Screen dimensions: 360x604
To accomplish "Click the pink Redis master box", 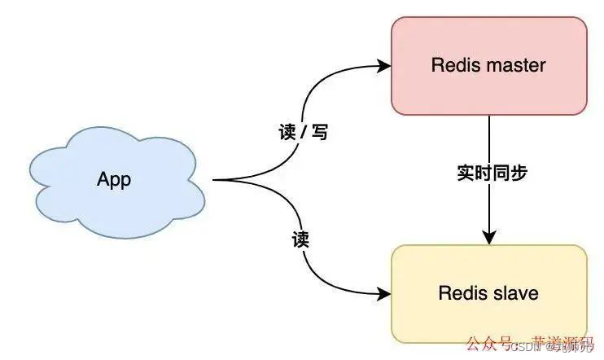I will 488,90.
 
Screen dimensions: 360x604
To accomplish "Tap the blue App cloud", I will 114,179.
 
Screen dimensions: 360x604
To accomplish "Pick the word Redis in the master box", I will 453,65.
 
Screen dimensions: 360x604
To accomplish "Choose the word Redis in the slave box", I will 461,293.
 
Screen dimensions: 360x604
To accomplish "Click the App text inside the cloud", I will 114,180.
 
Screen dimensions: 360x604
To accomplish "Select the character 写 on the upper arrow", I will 320,132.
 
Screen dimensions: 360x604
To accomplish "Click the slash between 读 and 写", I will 302,132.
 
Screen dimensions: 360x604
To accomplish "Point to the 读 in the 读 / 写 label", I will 284,132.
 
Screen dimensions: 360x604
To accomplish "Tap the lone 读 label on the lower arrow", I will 300,240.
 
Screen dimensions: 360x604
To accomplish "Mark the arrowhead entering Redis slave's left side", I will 385,293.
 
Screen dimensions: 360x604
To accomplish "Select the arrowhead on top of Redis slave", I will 488,238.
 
